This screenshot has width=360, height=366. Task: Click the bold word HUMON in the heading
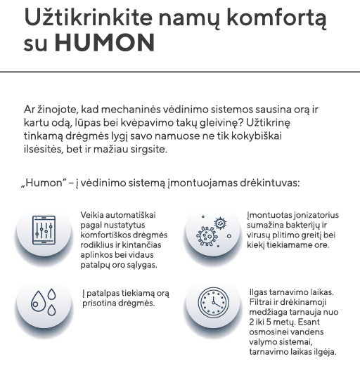point(104,43)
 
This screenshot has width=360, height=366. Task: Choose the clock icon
point(212,304)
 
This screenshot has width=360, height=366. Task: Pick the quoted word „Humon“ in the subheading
point(44,182)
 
